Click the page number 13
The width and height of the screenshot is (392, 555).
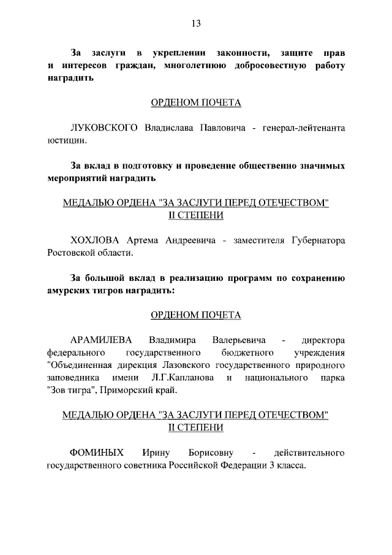pyautogui.click(x=195, y=24)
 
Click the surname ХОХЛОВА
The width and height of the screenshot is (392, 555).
pyautogui.click(x=96, y=240)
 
